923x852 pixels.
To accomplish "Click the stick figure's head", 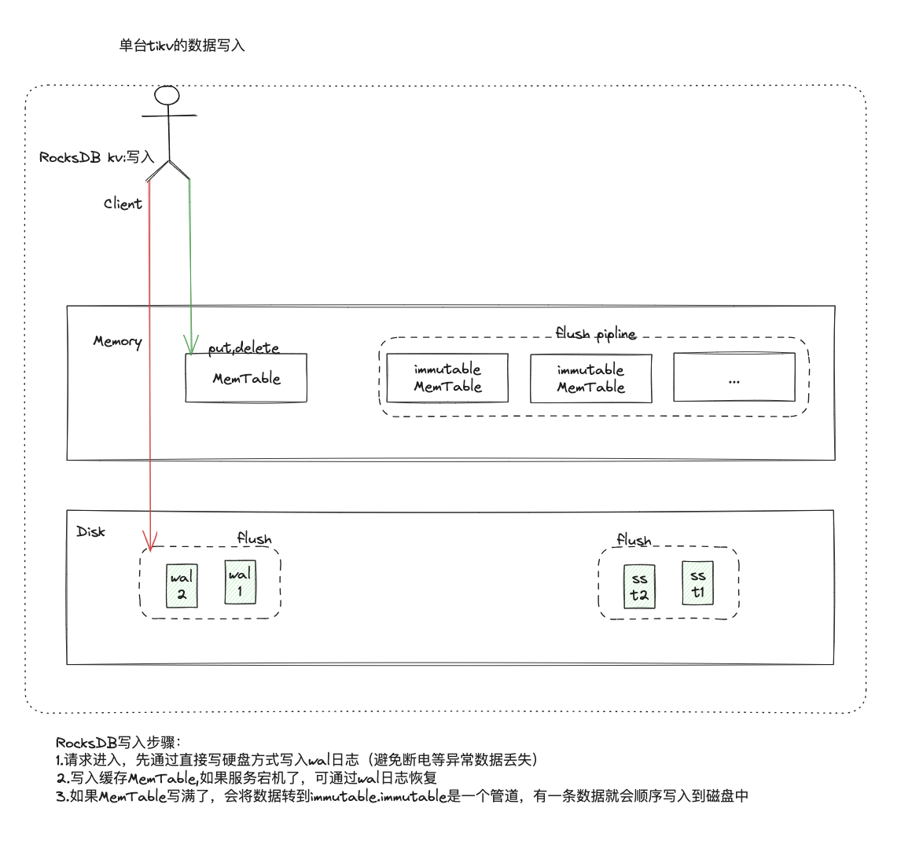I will pos(167,95).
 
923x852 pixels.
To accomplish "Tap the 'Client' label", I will pos(123,204).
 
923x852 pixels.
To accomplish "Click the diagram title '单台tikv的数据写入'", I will pos(182,46).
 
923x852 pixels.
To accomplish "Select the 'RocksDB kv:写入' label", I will pos(97,157).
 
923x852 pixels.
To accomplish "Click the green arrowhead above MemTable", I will pos(189,344).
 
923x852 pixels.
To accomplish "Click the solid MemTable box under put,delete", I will pos(246,378).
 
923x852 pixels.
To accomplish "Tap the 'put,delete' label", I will pos(244,347).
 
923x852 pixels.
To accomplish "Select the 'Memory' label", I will pos(117,341).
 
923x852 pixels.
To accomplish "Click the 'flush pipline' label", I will pos(595,333).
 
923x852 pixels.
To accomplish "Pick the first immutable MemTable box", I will pos(447,378).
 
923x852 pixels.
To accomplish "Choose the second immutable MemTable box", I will pos(590,379).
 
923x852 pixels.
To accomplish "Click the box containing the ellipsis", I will pos(734,378).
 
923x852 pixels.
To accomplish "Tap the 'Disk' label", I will pos(90,532).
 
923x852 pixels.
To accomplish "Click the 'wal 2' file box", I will pos(181,586).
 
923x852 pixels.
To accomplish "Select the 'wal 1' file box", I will pos(240,582).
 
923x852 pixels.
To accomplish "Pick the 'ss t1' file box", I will pos(697,583).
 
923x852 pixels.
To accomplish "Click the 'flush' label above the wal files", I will pos(254,538).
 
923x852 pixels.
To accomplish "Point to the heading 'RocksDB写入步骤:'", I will pos(119,742).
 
